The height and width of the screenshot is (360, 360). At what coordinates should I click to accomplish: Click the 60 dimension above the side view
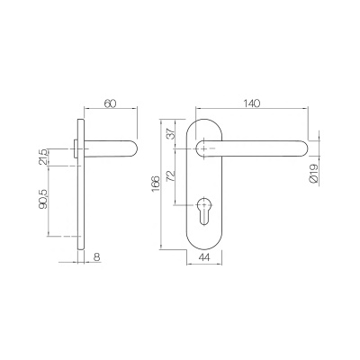(111, 103)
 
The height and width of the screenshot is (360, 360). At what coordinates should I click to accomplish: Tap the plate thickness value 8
(97, 257)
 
